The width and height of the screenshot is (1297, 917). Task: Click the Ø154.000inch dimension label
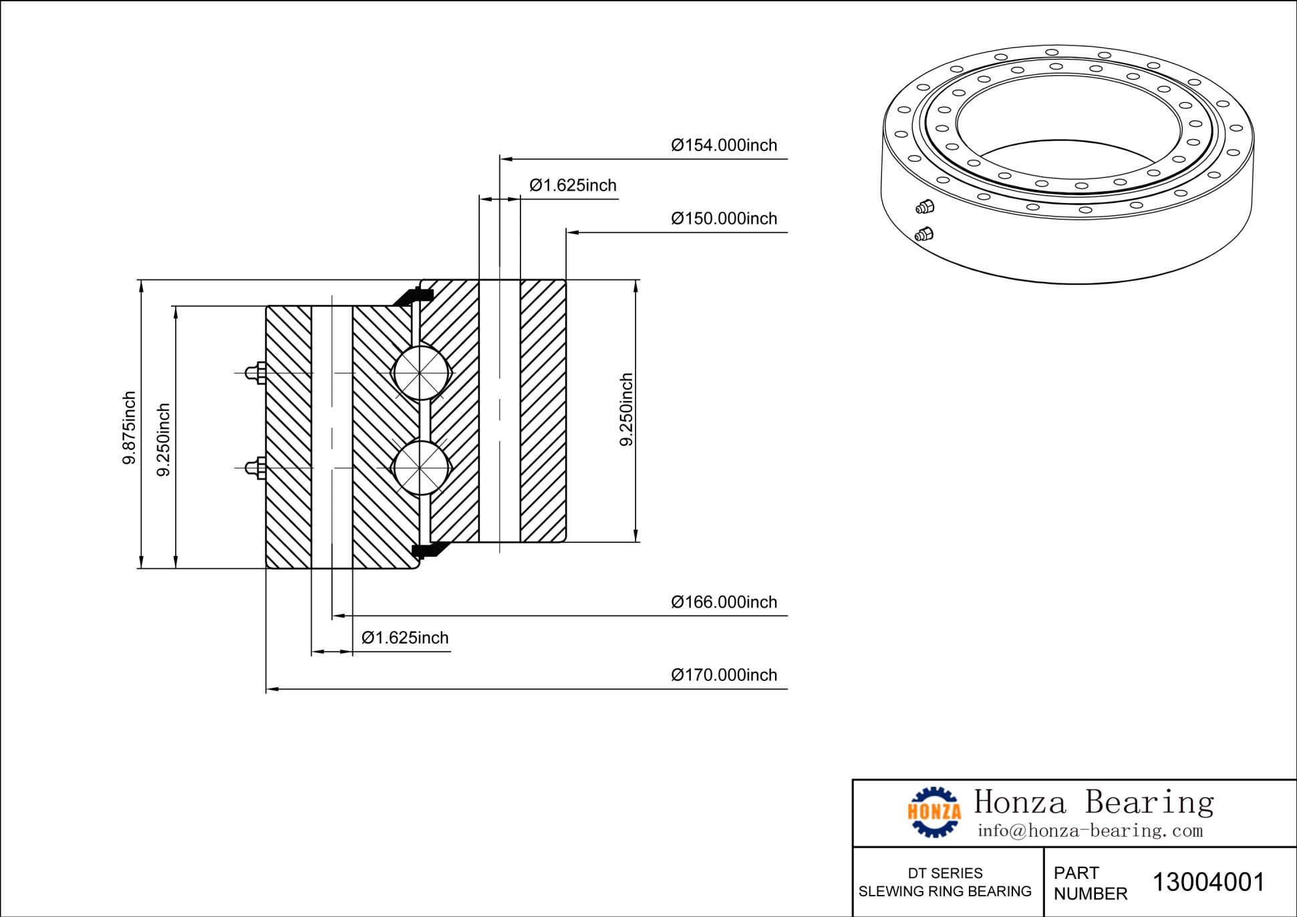coord(724,145)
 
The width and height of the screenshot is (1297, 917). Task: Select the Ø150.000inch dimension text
coord(724,219)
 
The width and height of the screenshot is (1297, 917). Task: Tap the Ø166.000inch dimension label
coord(724,602)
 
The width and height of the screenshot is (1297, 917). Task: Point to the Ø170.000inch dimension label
coord(724,675)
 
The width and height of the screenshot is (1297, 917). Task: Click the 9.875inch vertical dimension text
coord(129,427)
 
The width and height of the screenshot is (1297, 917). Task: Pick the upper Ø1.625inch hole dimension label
coord(573,185)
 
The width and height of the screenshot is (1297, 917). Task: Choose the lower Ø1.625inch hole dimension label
coord(405,638)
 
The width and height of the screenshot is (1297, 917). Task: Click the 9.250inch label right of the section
coord(626,409)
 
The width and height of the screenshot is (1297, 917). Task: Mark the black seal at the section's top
coord(412,295)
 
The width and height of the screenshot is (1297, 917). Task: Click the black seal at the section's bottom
coord(428,550)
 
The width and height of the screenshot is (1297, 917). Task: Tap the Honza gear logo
coord(934,811)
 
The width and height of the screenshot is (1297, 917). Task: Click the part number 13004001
coord(1208,882)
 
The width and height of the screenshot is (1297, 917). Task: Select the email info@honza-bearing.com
coord(1089,831)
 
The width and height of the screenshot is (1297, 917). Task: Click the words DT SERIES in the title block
coord(945,873)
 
